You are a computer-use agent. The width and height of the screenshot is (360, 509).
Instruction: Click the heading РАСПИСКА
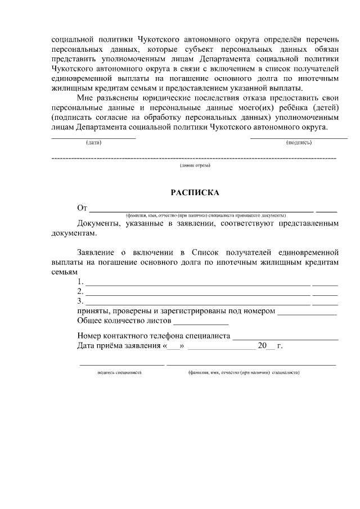(195, 192)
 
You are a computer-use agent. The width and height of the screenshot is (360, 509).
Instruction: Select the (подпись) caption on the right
(299, 143)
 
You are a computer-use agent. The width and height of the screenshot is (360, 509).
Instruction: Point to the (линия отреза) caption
(195, 166)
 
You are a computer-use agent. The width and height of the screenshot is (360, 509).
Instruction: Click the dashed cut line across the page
(195, 159)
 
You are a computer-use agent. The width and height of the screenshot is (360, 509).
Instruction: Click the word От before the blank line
(83, 209)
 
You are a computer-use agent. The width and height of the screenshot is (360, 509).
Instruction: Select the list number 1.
(80, 282)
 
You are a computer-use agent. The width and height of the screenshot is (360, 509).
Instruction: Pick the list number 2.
(80, 291)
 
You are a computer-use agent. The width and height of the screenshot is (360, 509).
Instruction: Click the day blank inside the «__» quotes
(173, 346)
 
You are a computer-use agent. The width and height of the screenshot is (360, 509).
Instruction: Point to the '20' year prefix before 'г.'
(262, 345)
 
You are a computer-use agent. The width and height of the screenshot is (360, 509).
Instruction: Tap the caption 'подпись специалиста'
(119, 372)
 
